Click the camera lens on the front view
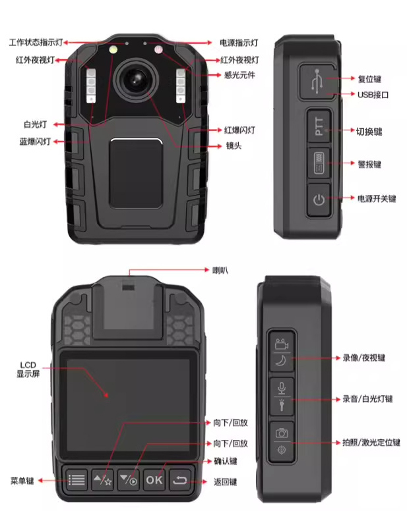pyautogui.click(x=137, y=80)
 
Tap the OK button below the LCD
pyautogui.click(x=154, y=479)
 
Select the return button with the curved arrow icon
pyautogui.click(x=180, y=479)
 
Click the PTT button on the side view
pyautogui.click(x=319, y=126)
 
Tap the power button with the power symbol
pyautogui.click(x=319, y=200)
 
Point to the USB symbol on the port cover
pyautogui.click(x=317, y=82)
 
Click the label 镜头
pyautogui.click(x=234, y=146)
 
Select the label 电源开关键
pyautogui.click(x=377, y=198)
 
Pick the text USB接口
pyautogui.click(x=373, y=95)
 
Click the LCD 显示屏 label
pyautogui.click(x=28, y=369)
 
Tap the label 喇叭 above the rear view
pyautogui.click(x=220, y=270)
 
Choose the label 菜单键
pyautogui.click(x=22, y=481)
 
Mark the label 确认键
pyautogui.click(x=226, y=461)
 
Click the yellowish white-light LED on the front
pyautogui.click(x=113, y=50)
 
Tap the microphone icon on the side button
pyautogui.click(x=282, y=388)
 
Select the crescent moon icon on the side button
pyautogui.click(x=281, y=360)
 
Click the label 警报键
pyautogui.click(x=369, y=164)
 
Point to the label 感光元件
pyautogui.click(x=239, y=75)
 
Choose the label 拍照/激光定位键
pyautogui.click(x=371, y=443)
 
